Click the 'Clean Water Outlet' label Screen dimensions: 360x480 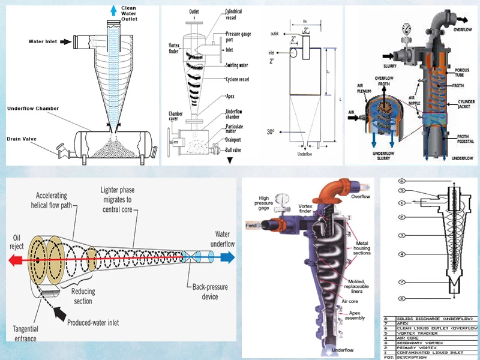pyautogui.click(x=129, y=13)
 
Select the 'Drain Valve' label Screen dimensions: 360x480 pyautogui.click(x=22, y=139)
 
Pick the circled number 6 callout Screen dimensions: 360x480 pyautogui.click(x=401, y=181)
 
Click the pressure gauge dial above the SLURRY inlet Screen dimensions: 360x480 pyautogui.click(x=407, y=28)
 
